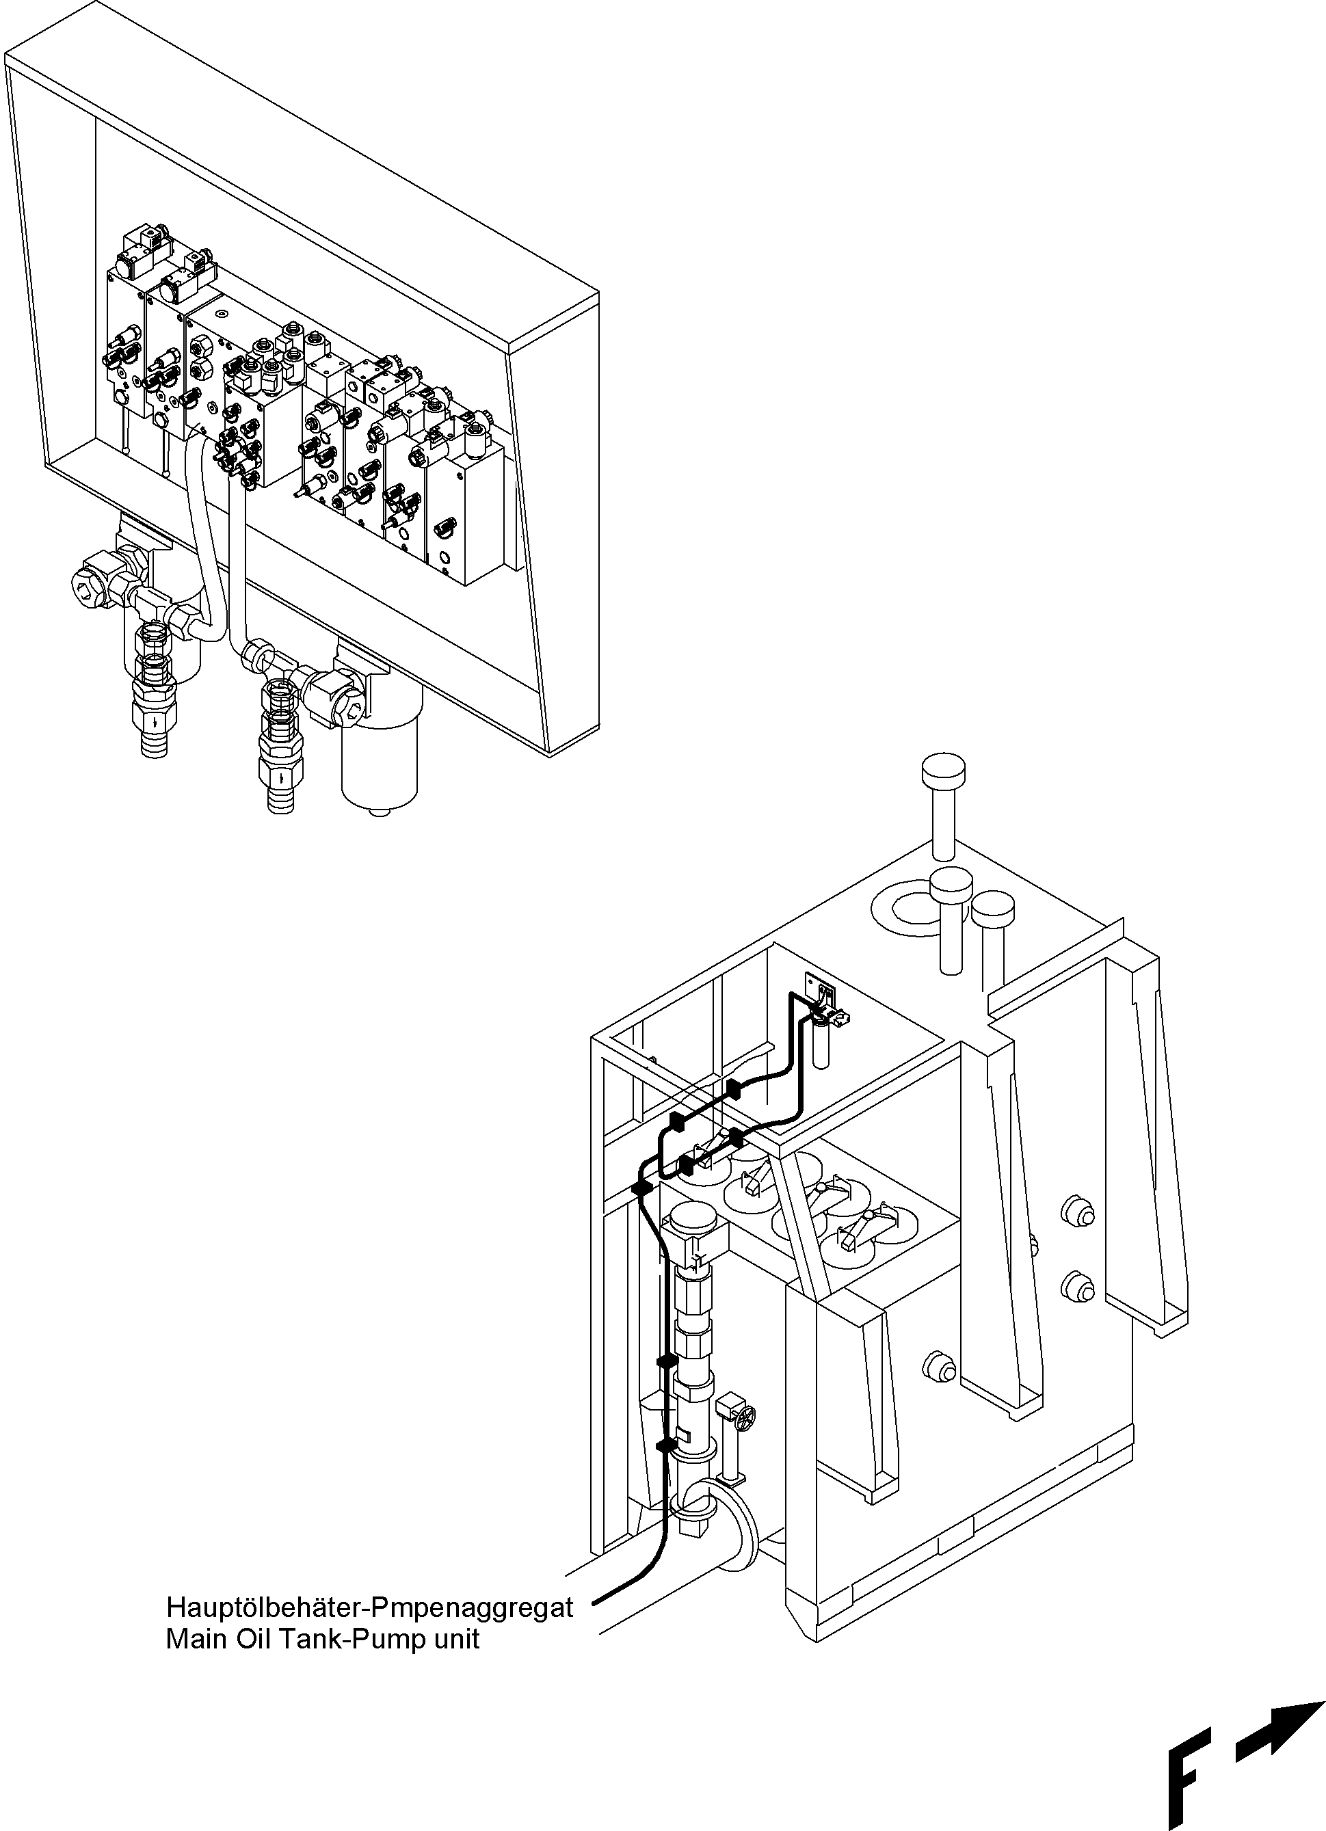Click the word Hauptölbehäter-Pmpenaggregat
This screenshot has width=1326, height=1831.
pos(369,1607)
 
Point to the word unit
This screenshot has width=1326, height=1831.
pos(455,1638)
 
